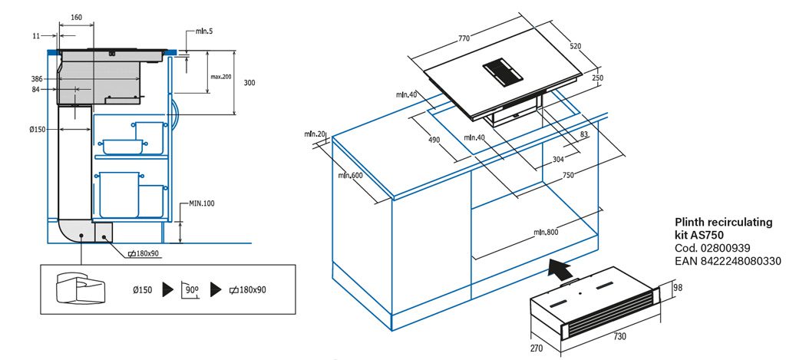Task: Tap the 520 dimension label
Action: click(575, 46)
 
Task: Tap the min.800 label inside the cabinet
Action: click(547, 233)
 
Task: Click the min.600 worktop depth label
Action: click(350, 176)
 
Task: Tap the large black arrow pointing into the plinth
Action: click(561, 269)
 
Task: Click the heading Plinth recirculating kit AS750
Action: click(723, 228)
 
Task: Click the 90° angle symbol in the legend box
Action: click(192, 290)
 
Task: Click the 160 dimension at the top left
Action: click(76, 17)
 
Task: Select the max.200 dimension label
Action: click(221, 77)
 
